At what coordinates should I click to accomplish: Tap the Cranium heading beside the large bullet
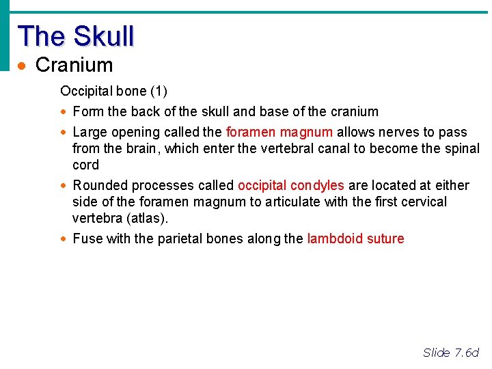(74, 66)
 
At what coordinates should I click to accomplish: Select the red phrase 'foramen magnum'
(279, 132)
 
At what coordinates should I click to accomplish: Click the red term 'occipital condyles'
(290, 185)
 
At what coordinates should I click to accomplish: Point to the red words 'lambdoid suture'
(355, 238)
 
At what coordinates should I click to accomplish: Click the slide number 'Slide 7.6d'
(451, 353)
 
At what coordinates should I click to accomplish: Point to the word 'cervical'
(421, 202)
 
